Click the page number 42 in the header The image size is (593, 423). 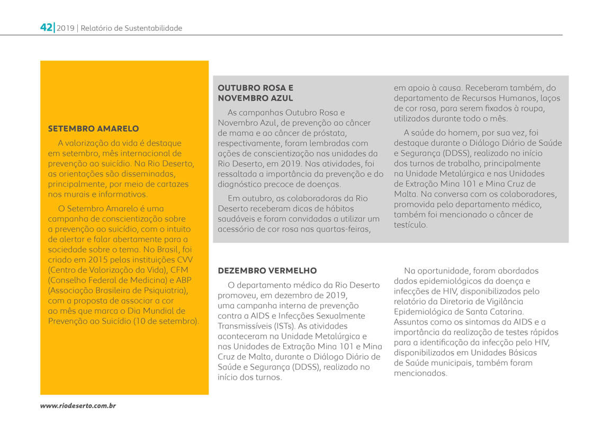click(46, 27)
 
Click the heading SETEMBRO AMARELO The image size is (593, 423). click(93, 128)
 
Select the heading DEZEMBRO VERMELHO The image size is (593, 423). click(267, 271)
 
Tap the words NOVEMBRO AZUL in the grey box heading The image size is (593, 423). click(255, 98)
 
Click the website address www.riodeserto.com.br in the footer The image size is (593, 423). click(78, 406)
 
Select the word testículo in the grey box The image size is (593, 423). click(410, 225)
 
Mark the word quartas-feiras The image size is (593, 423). click(344, 229)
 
